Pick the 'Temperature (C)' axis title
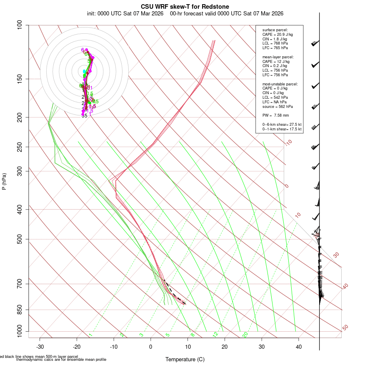coord(185,359)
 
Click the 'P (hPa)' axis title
coord(4,181)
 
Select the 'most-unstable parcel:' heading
coord(280,84)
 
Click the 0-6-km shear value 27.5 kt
coord(292,125)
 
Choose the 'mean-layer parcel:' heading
coord(278,57)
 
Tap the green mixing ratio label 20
coord(245,335)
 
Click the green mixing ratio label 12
coord(215,335)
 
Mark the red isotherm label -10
coord(288,142)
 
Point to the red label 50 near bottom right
coord(345,328)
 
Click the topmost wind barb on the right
coord(315,43)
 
